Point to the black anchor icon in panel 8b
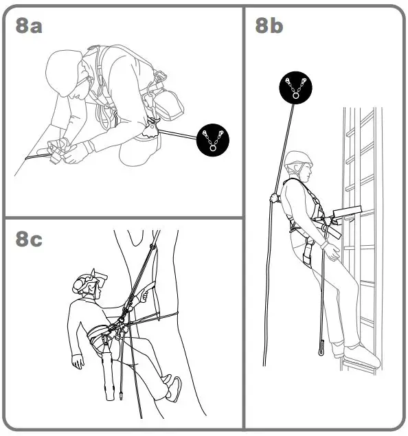click(295, 89)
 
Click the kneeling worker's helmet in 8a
click(65, 69)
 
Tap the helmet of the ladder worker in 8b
click(298, 160)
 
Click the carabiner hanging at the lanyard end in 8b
click(321, 346)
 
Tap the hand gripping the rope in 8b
click(275, 198)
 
